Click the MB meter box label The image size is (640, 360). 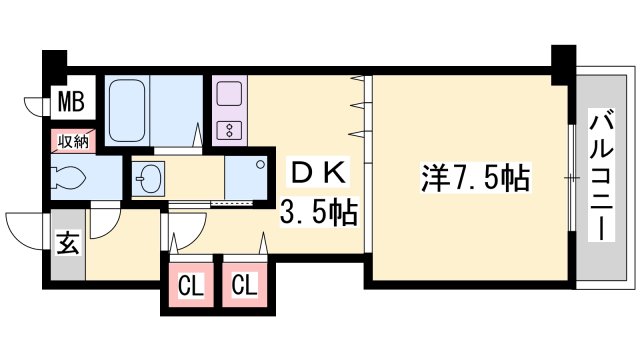[70, 101]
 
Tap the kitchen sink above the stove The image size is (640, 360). [227, 96]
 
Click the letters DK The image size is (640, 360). [316, 174]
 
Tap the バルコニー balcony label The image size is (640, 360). [602, 175]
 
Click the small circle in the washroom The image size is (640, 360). [262, 163]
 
